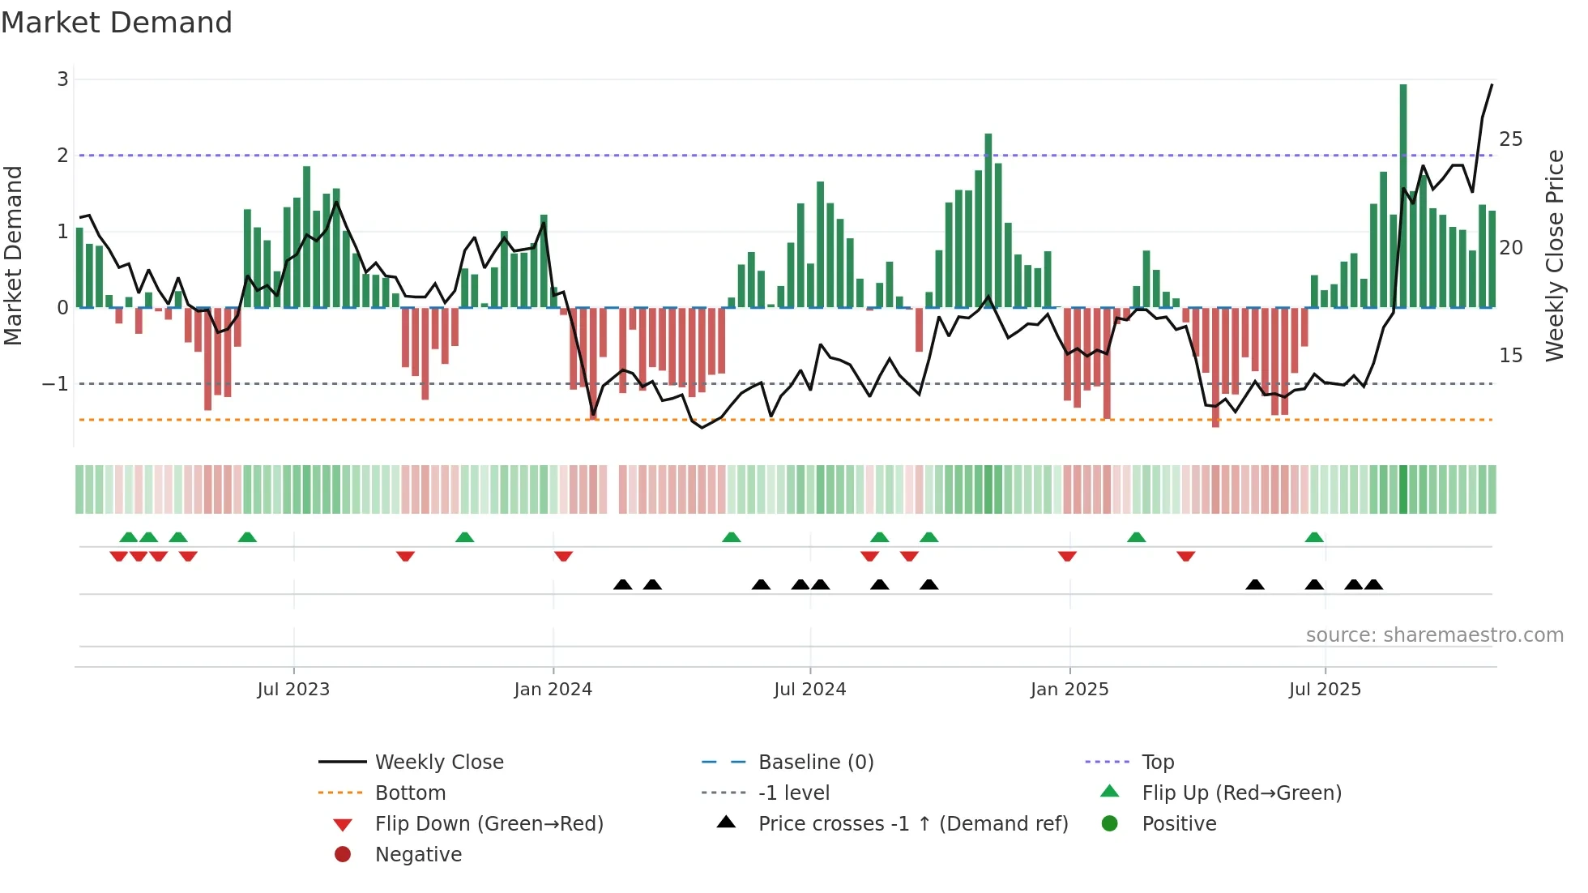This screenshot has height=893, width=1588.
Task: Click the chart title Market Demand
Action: [117, 23]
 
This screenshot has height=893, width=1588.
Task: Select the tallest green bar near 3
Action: [1403, 194]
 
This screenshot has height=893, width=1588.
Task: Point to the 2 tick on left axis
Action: [62, 156]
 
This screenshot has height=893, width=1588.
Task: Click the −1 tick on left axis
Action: [57, 384]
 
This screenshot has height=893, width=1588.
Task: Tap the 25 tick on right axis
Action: [1510, 139]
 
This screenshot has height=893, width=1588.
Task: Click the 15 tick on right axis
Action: [1510, 356]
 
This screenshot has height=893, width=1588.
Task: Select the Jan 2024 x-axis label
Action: [553, 690]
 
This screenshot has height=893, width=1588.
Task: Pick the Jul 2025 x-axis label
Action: [1325, 690]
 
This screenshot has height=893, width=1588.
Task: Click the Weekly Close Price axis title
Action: [1555, 255]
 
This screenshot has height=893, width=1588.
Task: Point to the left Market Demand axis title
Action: [13, 255]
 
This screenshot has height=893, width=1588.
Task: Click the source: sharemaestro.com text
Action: [1434, 635]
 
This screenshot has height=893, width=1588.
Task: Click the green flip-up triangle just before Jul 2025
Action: [1314, 537]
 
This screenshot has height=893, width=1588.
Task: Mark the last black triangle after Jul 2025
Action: [1373, 584]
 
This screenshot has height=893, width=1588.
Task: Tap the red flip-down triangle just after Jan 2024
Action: [564, 556]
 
